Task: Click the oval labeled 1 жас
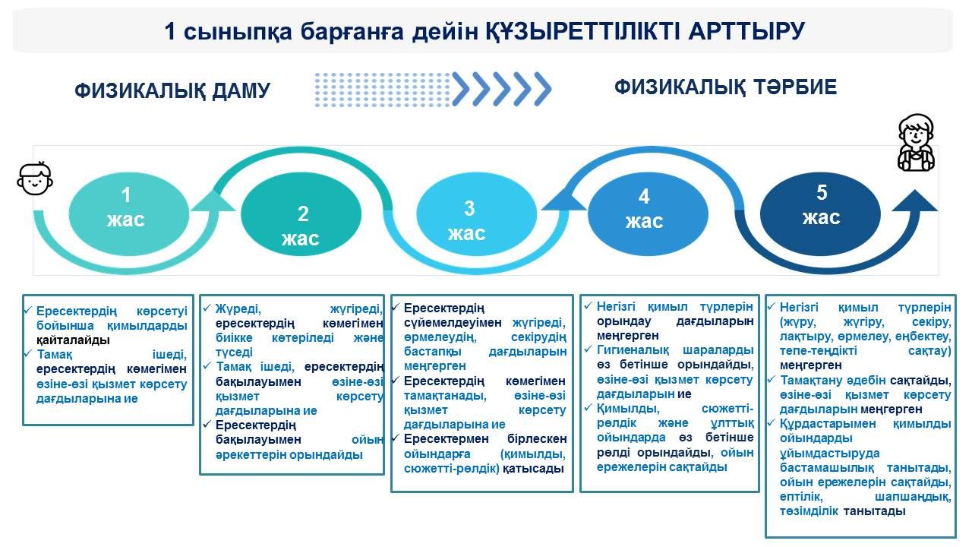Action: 129,213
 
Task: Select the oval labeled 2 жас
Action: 301,213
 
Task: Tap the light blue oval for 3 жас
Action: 476,213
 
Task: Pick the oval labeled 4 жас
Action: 648,213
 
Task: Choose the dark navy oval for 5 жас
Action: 820,213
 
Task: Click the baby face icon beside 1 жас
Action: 35,179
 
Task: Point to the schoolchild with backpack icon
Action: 916,142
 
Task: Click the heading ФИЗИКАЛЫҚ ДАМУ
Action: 172,90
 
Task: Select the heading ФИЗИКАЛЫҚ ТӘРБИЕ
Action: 725,87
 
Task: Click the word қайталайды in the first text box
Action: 73,340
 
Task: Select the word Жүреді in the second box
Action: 238,309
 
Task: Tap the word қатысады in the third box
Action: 533,469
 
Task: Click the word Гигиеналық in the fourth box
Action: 633,350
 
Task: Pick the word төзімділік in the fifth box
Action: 809,511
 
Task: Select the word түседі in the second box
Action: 234,353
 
